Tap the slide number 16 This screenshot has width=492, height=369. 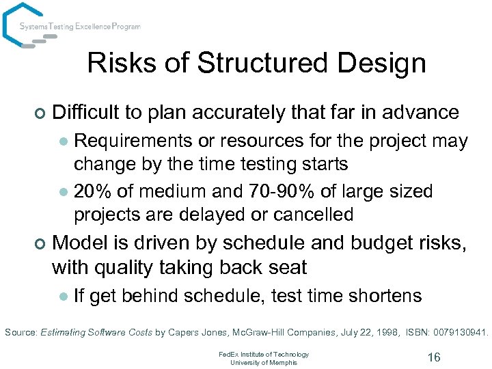(x=433, y=357)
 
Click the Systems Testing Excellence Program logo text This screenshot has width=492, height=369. (x=80, y=27)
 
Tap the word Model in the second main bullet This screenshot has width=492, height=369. (x=76, y=243)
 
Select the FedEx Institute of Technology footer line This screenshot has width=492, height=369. (x=263, y=354)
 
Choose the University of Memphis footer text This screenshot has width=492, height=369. (x=263, y=362)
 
